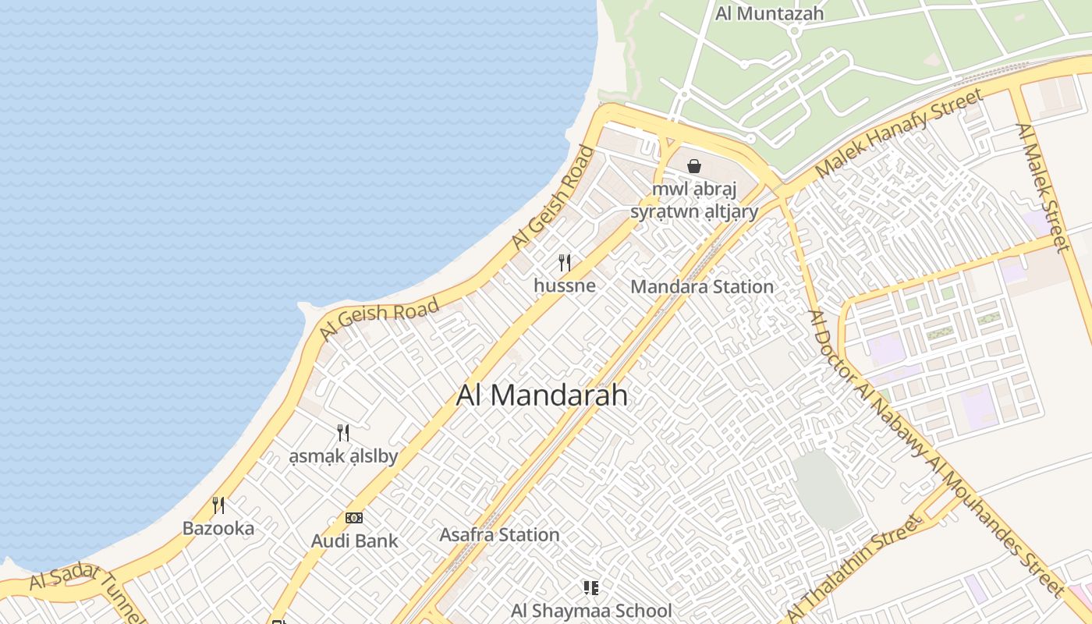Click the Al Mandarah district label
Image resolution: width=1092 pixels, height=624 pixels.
click(x=541, y=395)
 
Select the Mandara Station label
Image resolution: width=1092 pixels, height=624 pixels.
click(x=702, y=286)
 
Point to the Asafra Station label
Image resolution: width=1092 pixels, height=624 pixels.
click(x=499, y=535)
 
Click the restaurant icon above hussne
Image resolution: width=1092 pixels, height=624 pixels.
click(x=565, y=263)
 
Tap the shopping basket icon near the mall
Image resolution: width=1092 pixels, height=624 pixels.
click(x=694, y=166)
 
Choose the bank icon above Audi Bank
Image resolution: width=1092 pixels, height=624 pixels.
click(x=354, y=518)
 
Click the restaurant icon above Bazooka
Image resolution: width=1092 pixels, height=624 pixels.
click(x=218, y=505)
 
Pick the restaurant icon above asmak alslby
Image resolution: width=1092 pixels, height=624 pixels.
click(x=342, y=433)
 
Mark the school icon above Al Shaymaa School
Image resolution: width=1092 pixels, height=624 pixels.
click(x=590, y=587)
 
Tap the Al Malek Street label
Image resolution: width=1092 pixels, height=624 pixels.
click(x=1042, y=187)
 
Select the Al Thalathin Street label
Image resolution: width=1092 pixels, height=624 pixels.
click(x=853, y=571)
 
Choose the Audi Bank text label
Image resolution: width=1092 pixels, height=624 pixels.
click(x=354, y=541)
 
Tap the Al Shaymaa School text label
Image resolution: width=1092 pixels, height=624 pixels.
click(x=590, y=610)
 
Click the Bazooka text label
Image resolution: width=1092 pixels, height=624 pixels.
click(x=218, y=528)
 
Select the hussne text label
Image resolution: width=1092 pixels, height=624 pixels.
click(x=565, y=285)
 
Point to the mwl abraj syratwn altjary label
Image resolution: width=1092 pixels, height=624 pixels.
click(x=694, y=200)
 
